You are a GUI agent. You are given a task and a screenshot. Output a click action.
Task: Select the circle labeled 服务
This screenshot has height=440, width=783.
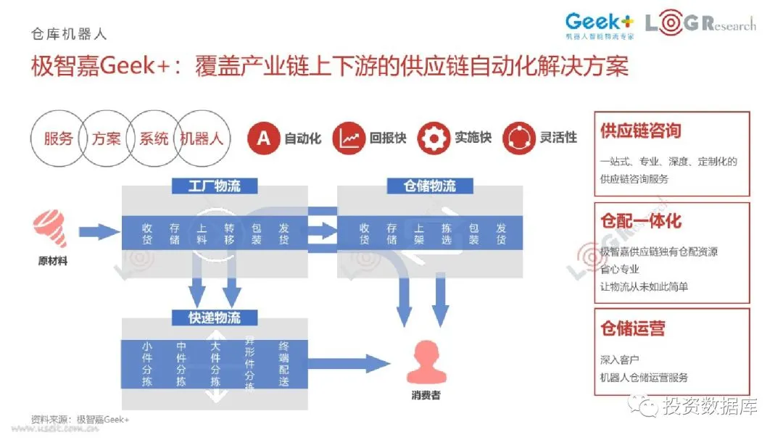[58, 138]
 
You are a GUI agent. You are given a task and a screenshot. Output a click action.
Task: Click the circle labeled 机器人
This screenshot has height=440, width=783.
[202, 138]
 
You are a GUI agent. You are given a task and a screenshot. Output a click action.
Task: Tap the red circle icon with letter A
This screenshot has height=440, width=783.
[264, 138]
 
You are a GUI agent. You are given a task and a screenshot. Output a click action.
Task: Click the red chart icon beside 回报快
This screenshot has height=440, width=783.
[349, 138]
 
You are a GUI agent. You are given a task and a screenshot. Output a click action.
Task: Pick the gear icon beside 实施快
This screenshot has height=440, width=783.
[434, 138]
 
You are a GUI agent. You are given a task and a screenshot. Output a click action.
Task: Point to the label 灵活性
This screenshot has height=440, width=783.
[558, 138]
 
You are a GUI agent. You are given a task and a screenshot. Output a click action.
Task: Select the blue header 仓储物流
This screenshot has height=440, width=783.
[430, 186]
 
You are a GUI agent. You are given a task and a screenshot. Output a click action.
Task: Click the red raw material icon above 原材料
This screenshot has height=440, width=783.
[50, 226]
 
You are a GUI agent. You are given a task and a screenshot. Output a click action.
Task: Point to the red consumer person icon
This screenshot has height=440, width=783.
[426, 362]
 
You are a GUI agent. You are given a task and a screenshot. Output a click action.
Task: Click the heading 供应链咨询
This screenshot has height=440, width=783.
[640, 131]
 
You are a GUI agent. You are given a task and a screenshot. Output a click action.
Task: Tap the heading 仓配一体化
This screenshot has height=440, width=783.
[640, 221]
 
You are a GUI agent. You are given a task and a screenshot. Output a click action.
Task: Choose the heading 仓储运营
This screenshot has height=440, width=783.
[632, 328]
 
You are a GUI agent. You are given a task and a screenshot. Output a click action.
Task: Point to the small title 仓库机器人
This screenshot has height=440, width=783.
[69, 34]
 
